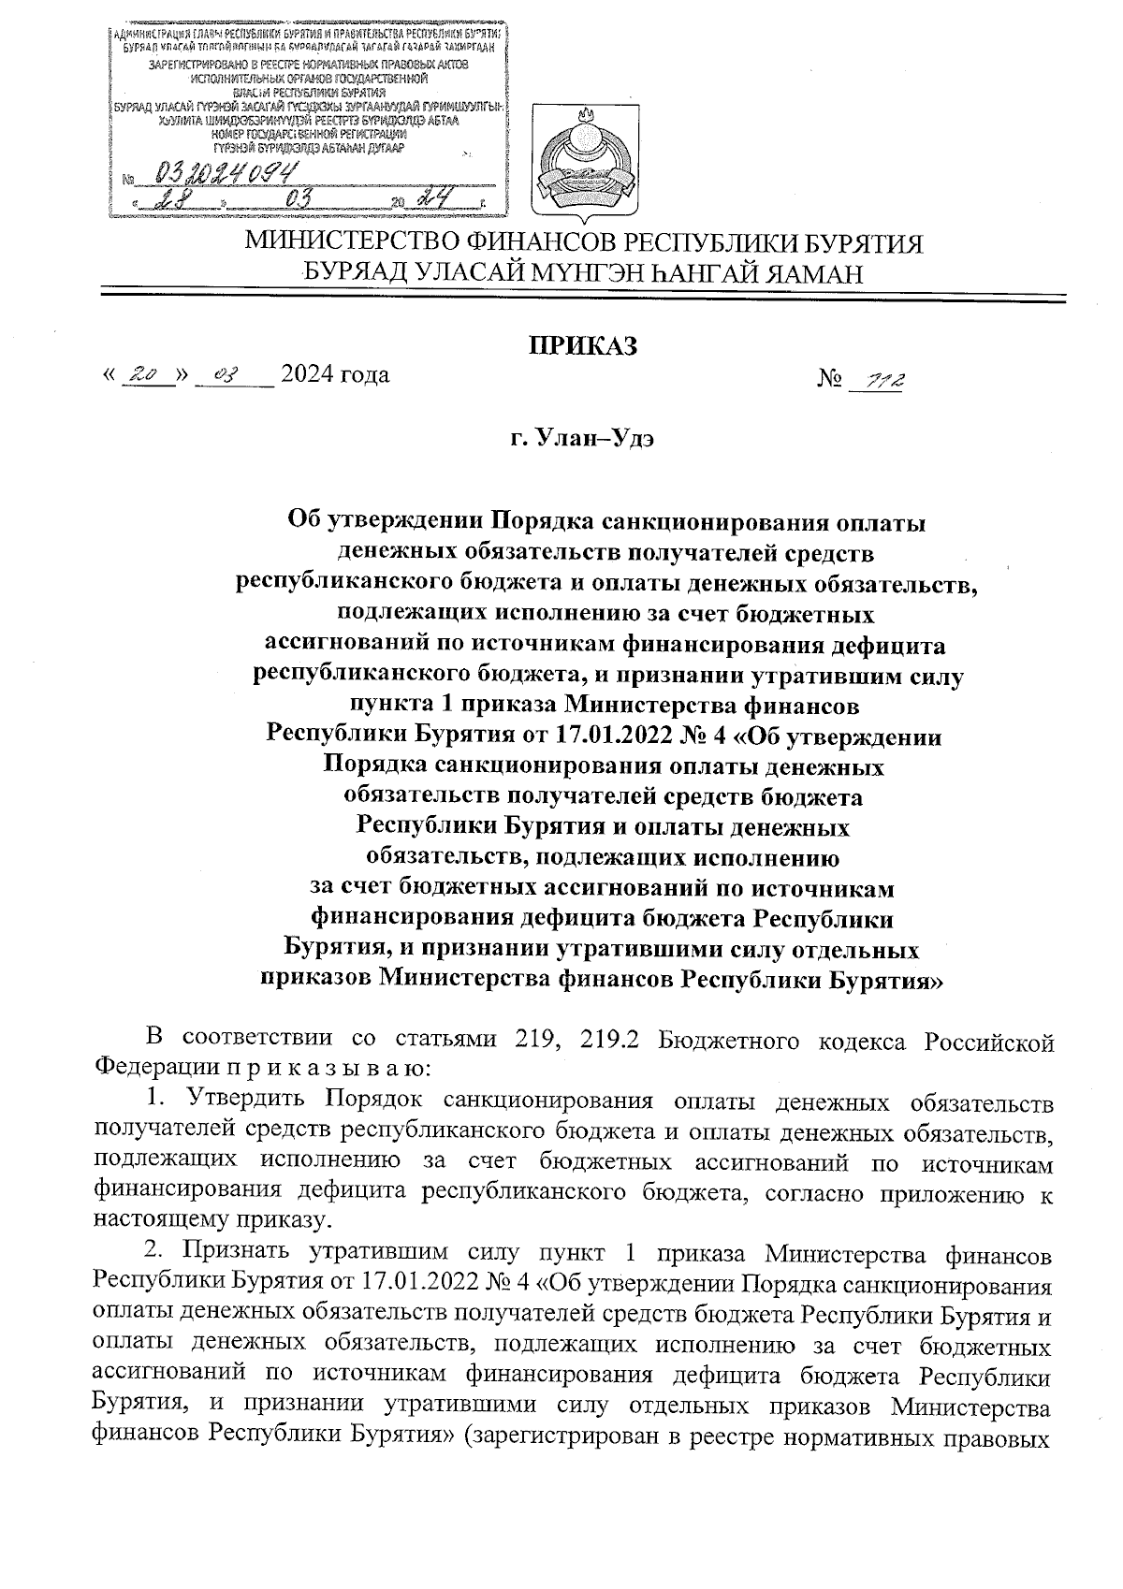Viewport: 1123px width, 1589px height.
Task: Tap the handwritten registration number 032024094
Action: pos(222,171)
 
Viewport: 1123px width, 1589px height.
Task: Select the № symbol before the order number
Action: pos(831,378)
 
